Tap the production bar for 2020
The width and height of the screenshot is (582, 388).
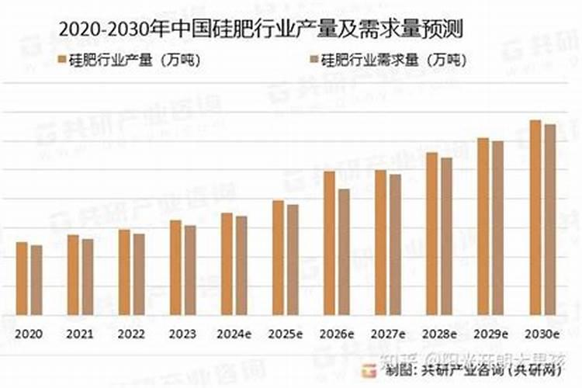(22, 279)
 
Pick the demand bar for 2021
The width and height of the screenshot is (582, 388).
(88, 277)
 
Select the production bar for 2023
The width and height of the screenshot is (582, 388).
(175, 268)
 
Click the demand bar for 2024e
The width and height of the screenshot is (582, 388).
(241, 265)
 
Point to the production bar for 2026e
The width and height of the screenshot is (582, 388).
(329, 243)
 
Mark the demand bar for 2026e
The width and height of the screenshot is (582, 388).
(344, 252)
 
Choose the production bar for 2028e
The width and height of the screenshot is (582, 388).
(431, 234)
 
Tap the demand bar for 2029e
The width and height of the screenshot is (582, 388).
(497, 228)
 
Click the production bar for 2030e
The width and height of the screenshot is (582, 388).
(535, 217)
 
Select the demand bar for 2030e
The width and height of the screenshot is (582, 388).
(549, 220)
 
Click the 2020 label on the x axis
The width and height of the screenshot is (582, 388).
(29, 334)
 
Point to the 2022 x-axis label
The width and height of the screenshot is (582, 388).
(131, 334)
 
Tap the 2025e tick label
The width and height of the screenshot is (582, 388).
(286, 334)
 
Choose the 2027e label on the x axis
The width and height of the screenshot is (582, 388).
(388, 334)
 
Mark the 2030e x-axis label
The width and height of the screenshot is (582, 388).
(542, 334)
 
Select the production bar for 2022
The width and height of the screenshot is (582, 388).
(124, 272)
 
